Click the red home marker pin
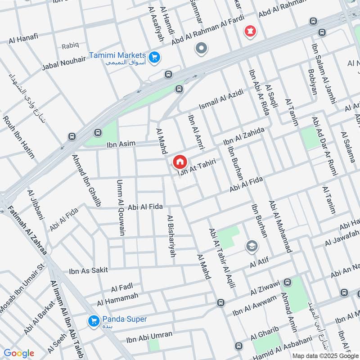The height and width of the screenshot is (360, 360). [x=180, y=162]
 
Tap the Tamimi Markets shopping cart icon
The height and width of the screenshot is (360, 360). [x=155, y=57]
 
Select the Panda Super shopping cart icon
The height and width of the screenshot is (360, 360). [x=94, y=320]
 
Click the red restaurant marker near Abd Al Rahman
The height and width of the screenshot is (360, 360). [x=248, y=31]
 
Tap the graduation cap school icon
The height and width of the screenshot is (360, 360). [x=252, y=246]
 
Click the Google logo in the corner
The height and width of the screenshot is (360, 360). [x=18, y=353]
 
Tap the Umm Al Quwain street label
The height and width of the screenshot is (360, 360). [x=121, y=207]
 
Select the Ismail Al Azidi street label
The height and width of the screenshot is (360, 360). [x=221, y=100]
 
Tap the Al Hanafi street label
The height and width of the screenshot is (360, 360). [x=23, y=40]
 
